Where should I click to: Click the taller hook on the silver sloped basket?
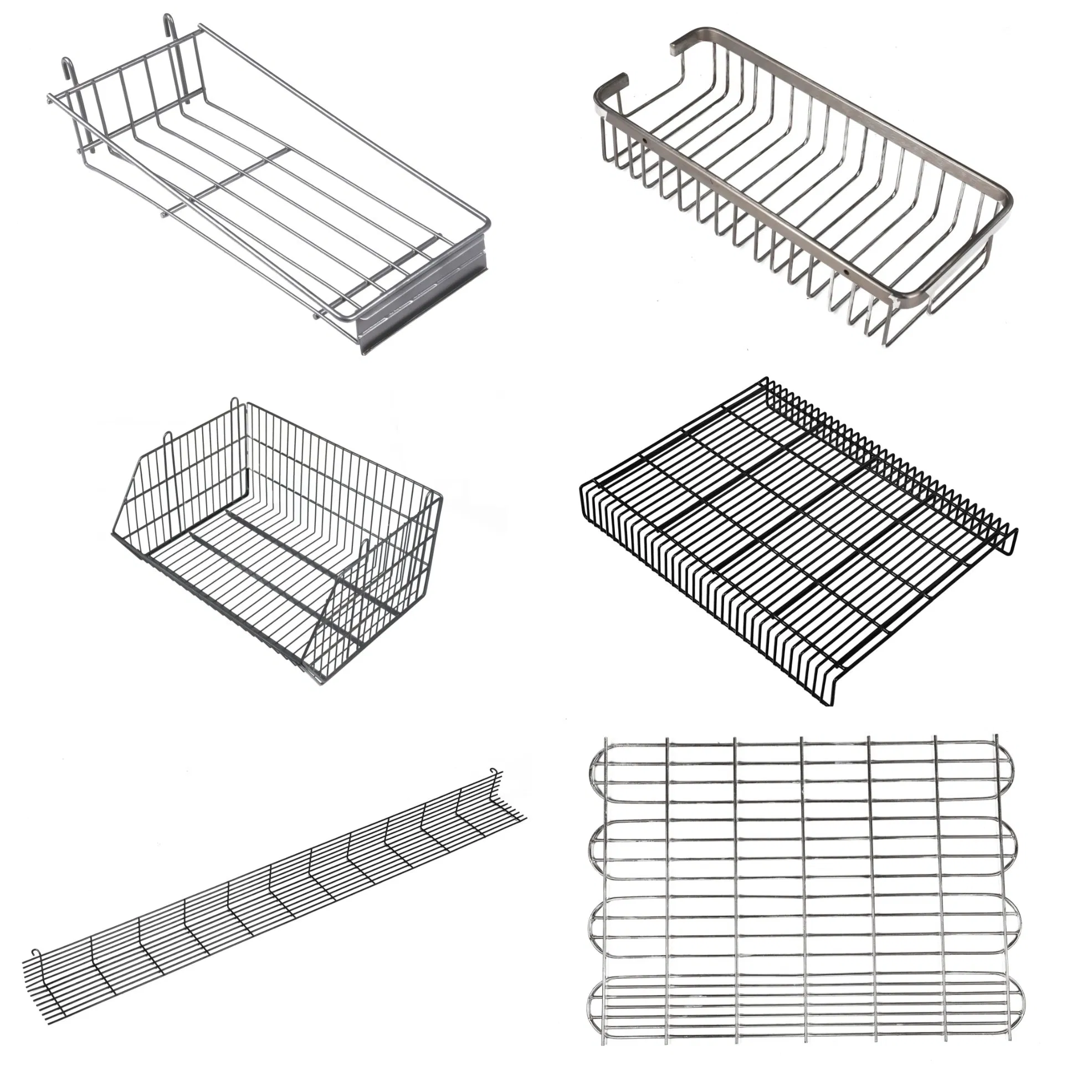pyautogui.click(x=168, y=23)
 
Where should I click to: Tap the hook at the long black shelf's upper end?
pyautogui.click(x=495, y=772)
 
